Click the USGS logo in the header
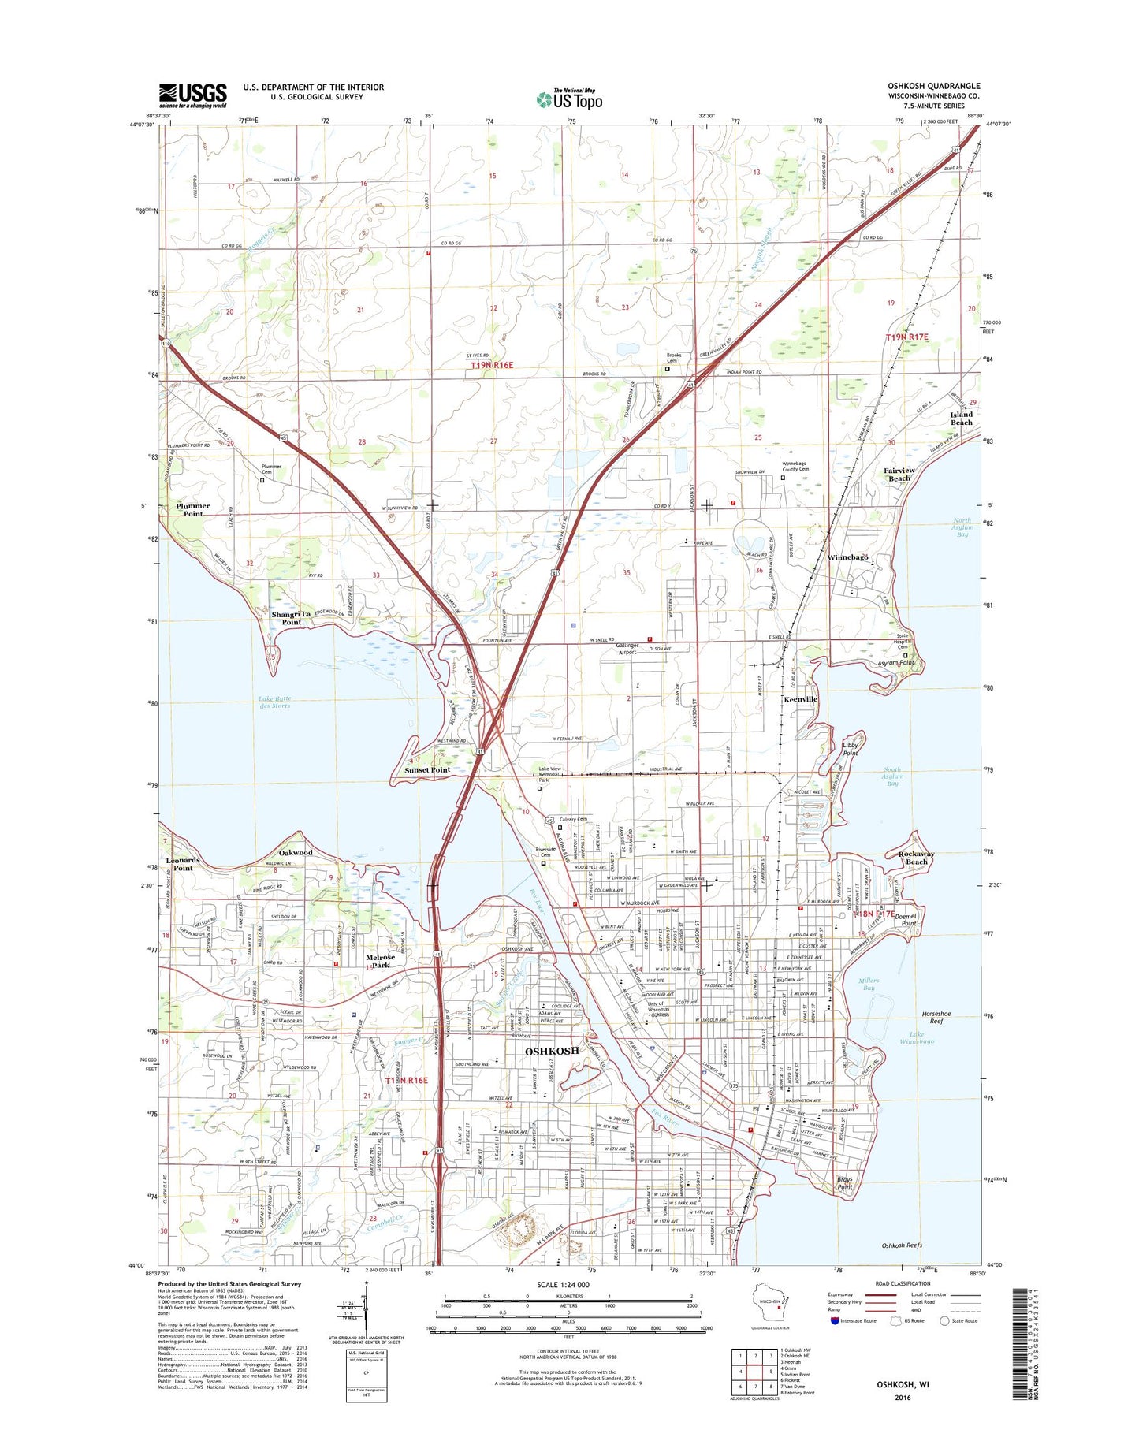tap(192, 95)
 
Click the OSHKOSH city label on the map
tap(552, 1051)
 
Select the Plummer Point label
tap(193, 510)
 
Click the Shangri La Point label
tap(292, 618)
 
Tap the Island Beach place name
tap(961, 419)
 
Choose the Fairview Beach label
tap(899, 475)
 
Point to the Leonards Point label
tap(183, 864)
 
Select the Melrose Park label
tap(381, 961)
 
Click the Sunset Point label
tap(427, 770)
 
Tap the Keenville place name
tap(800, 699)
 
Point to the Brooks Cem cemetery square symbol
tap(667, 369)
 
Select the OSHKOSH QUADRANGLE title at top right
tap(933, 86)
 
